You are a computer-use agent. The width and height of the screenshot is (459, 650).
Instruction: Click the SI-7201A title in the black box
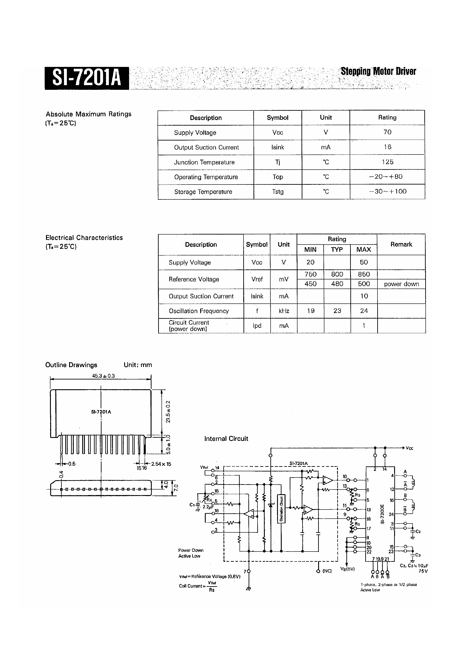87,78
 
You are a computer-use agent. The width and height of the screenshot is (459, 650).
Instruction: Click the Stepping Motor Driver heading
378,71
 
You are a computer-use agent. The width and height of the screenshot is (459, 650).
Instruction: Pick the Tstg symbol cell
278,192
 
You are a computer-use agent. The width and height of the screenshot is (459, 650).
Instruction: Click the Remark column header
401,244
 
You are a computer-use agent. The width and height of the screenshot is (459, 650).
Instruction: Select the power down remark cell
401,284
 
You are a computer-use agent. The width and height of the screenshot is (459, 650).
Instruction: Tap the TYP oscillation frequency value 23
337,311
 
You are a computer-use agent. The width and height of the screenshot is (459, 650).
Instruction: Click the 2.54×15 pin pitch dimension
161,464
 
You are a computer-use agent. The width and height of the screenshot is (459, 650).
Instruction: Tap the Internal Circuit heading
226,439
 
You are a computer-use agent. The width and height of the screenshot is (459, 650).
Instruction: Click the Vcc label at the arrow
409,448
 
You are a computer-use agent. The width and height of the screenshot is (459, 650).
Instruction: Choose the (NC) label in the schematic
327,571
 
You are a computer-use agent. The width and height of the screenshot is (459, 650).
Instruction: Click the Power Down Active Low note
190,553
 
